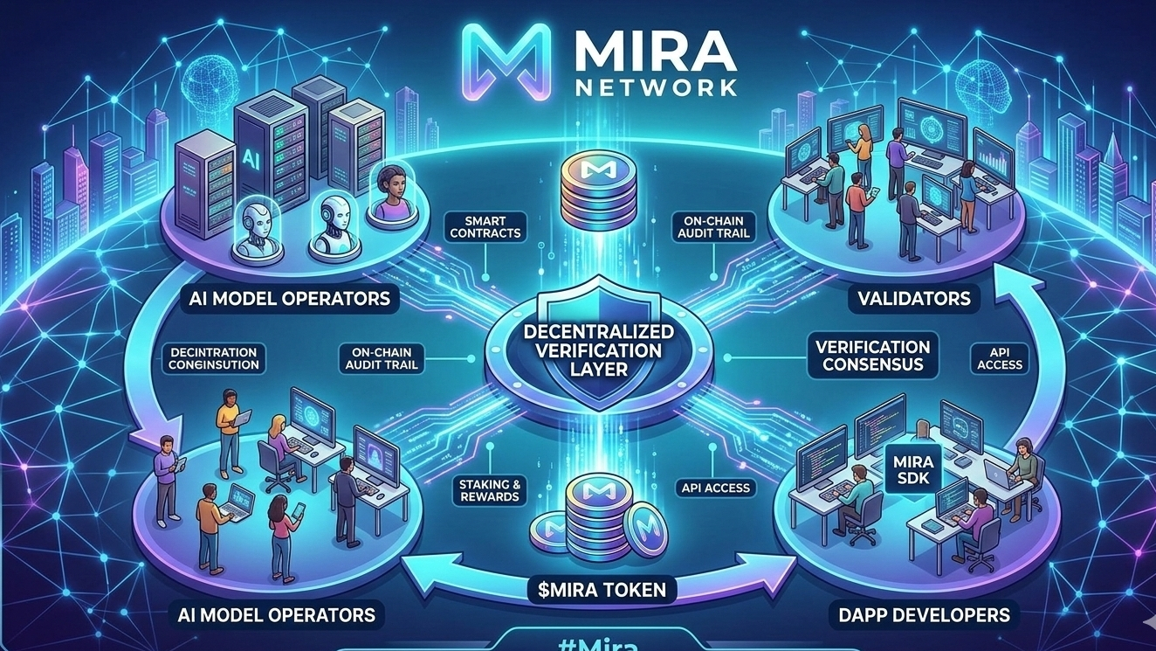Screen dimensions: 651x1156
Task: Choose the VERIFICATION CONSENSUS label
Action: pos(873,355)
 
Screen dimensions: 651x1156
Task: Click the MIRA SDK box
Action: pos(915,470)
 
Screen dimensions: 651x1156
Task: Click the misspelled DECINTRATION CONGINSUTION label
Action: pos(215,358)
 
